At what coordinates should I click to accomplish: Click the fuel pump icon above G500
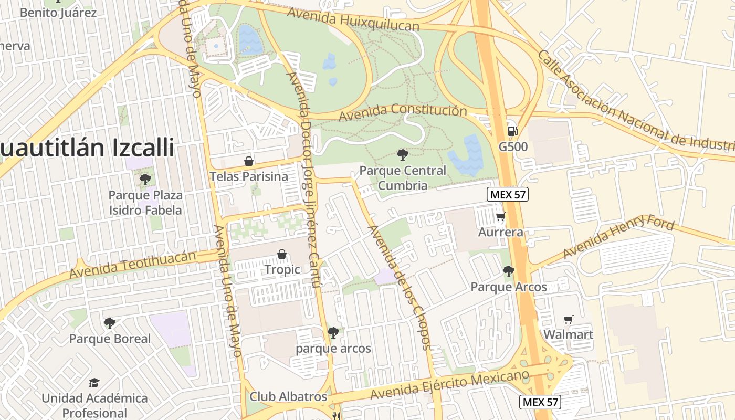click(512, 131)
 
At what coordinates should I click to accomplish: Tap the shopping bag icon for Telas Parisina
click(249, 161)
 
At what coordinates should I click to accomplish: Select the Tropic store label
click(282, 269)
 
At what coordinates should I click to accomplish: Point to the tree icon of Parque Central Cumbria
click(403, 155)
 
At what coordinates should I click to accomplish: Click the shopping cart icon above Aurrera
click(501, 216)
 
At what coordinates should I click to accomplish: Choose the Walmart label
click(568, 334)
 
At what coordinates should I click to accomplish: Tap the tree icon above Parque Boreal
click(109, 323)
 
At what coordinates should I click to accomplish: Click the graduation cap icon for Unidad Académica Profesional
click(94, 383)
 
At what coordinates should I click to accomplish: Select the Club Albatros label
click(288, 396)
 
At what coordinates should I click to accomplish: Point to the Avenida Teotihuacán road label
click(132, 265)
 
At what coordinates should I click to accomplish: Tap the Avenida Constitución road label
click(403, 112)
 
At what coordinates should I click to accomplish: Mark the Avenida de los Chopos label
click(400, 287)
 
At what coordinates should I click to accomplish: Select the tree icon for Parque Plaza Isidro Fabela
click(145, 180)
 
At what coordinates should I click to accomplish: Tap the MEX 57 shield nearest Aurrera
click(507, 195)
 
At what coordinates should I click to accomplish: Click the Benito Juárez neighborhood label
click(58, 12)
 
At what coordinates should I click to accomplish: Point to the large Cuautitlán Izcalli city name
click(87, 148)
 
